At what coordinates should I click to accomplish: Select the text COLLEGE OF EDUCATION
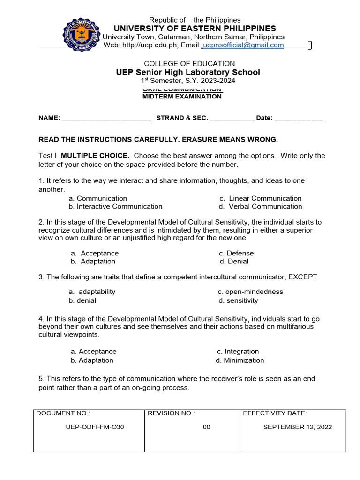[189, 63]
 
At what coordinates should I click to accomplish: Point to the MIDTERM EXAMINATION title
[182, 97]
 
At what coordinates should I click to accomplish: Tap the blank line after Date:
[298, 119]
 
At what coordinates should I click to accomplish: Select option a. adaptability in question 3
[93, 292]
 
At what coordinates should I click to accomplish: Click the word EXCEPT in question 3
[302, 277]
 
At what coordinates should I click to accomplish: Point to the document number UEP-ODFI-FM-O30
[95, 427]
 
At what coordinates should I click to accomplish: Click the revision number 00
[207, 427]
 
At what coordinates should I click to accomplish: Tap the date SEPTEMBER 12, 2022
[298, 427]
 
